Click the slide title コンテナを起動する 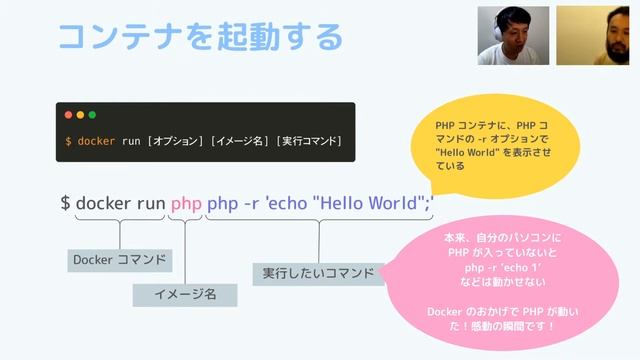click(x=200, y=37)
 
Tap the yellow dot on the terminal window click(x=80, y=115)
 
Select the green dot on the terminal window click(x=91, y=115)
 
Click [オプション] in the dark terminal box click(x=176, y=141)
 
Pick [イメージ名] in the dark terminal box click(x=240, y=141)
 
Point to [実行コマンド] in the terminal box click(x=310, y=141)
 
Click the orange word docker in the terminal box click(x=96, y=141)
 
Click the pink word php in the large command click(x=186, y=203)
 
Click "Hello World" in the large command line click(x=370, y=203)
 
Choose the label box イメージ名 click(x=185, y=294)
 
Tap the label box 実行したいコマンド click(x=318, y=273)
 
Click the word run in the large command click(x=151, y=203)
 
